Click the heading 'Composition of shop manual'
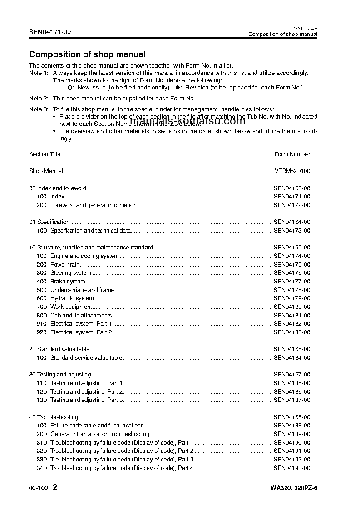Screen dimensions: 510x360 pyautogui.click(x=87, y=54)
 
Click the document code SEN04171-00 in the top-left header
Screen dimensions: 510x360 pyautogui.click(x=50, y=32)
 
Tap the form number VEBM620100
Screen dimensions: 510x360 pyautogui.click(x=292, y=171)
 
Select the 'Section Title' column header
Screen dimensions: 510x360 pyautogui.click(x=44, y=154)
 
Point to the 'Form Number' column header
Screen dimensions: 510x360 pyautogui.click(x=292, y=154)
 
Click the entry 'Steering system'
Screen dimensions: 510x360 pyautogui.click(x=70, y=273)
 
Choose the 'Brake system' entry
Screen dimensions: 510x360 pyautogui.click(x=68, y=282)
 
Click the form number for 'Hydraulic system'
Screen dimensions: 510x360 pyautogui.click(x=292, y=298)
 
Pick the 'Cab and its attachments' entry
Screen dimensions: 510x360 pyautogui.click(x=81, y=315)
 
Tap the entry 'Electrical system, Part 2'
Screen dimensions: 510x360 pyautogui.click(x=81, y=332)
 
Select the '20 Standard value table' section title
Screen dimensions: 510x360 pyautogui.click(x=59, y=349)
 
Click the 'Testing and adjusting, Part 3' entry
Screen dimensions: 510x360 pyautogui.click(x=86, y=400)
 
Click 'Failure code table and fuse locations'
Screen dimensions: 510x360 pyautogui.click(x=97, y=426)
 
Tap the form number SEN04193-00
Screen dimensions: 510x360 pyautogui.click(x=292, y=468)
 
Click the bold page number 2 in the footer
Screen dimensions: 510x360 pyautogui.click(x=55, y=488)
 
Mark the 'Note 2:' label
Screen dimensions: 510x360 pyautogui.click(x=39, y=98)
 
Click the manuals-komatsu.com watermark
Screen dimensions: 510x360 pyautogui.click(x=187, y=121)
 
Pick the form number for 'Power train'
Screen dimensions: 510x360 pyautogui.click(x=292, y=265)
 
